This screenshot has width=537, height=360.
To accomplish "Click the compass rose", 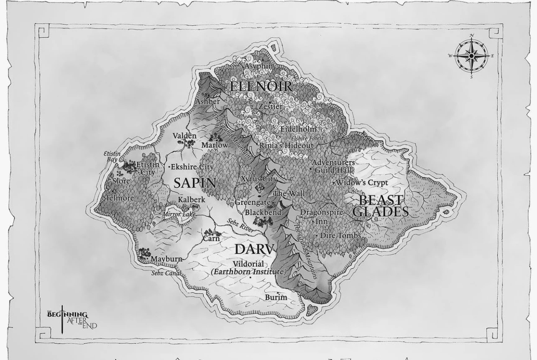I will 472,56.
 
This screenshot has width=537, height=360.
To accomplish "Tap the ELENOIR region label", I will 261,87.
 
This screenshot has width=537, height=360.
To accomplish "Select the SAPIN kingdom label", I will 195,183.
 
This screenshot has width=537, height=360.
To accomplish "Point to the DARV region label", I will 254,249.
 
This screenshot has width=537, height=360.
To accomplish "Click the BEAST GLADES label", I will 381,206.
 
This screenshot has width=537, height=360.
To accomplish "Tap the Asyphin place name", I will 258,66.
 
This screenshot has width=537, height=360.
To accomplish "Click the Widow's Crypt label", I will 362,183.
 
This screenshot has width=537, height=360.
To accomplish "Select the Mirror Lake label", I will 179,214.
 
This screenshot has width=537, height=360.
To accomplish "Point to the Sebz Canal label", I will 166,273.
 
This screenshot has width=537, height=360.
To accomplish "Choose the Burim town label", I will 276,297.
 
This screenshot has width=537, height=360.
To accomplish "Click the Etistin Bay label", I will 112,157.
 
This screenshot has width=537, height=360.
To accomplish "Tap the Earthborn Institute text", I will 248,272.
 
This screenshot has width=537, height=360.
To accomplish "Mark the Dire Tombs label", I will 340,236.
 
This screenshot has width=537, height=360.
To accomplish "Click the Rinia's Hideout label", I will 286,145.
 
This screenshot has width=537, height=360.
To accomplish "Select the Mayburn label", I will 166,259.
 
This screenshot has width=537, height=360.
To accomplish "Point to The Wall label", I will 289,194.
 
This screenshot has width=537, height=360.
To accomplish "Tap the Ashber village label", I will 207,101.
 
